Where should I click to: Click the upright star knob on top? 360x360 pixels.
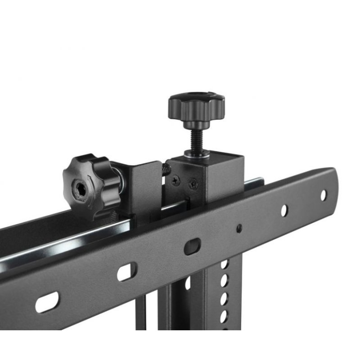click(196, 106)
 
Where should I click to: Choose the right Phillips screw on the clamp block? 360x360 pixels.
click(193, 184)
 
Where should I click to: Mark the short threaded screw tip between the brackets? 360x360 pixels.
click(166, 169)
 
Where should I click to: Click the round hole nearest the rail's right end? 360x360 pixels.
click(323, 195)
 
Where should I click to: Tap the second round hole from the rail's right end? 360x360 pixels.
click(284, 210)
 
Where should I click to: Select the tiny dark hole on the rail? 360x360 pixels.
click(239, 228)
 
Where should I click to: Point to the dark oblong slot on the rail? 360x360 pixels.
click(191, 247)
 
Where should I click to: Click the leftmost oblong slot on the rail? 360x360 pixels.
click(47, 302)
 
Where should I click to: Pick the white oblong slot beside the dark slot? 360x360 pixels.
click(126, 272)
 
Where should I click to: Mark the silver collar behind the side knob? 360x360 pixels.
click(118, 179)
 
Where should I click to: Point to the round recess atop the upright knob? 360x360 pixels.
click(196, 96)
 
